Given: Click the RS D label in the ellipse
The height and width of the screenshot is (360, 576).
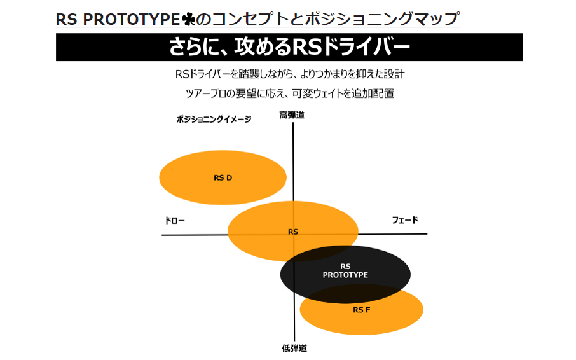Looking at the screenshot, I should tap(223, 178).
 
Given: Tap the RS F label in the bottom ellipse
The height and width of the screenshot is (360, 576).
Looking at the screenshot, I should tap(361, 310).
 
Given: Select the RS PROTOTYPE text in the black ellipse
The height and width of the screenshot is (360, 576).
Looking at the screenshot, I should tap(345, 271).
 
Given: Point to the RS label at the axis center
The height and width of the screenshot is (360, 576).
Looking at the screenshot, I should tap(292, 232).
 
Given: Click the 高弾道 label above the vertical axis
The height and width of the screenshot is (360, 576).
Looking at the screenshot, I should tap(292, 115).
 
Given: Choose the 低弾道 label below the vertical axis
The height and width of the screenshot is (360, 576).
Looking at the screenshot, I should tap(294, 349).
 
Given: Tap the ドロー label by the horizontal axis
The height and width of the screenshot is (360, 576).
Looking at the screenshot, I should tap(175, 221).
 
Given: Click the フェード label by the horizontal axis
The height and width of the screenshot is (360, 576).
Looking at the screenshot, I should tap(405, 221).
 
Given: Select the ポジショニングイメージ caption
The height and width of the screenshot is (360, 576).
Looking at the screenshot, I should tap(214, 119).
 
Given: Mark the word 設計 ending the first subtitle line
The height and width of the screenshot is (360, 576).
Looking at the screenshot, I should tap(395, 74).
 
